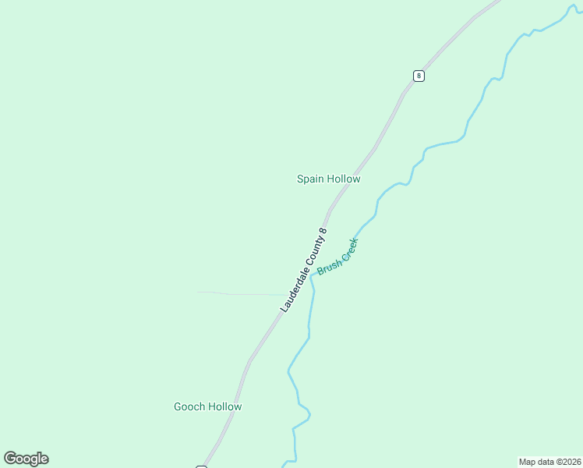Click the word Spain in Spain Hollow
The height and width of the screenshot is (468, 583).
(x=310, y=179)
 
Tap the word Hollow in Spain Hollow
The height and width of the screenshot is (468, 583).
(x=344, y=179)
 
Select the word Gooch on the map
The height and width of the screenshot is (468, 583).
(x=189, y=406)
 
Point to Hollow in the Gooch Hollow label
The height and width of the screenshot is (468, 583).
(x=224, y=406)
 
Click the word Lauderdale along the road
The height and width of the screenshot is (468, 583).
(x=294, y=289)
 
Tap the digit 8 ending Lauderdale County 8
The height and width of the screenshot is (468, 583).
(x=323, y=231)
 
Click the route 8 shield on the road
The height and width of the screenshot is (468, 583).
(x=419, y=76)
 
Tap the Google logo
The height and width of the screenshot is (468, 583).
(x=26, y=459)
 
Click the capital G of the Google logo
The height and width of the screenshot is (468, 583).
(x=10, y=459)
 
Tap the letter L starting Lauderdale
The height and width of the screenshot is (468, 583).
(x=284, y=310)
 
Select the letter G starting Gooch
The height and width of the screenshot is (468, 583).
(x=177, y=406)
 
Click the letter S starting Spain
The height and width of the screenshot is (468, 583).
(x=300, y=179)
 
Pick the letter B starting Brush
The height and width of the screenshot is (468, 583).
(x=320, y=273)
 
